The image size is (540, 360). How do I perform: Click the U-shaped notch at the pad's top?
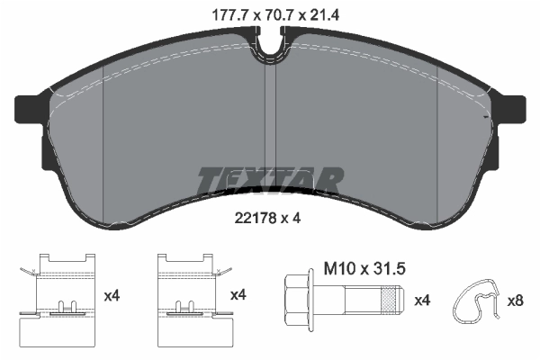270,45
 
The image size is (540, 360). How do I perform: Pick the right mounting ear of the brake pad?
510,110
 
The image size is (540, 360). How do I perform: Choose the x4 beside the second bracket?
238,294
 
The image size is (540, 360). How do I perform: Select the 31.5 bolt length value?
383,267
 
